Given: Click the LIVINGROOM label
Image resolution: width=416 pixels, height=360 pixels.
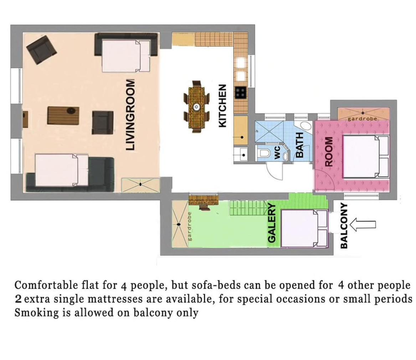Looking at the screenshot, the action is tap(130, 115).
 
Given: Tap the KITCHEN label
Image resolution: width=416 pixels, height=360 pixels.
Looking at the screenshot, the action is tap(222, 106).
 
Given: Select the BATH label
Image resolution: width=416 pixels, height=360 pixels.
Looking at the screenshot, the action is tap(299, 145).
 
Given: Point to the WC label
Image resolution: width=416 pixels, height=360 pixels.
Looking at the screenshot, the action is tap(277, 152).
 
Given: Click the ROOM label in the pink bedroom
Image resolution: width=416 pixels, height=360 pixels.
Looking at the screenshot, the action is tap(329, 152).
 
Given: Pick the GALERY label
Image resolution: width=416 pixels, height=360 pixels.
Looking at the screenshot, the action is tap(272, 223).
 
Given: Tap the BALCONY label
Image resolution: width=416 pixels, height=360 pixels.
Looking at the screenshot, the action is tap(344, 226).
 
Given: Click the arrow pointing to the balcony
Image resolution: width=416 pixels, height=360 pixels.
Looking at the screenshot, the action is tap(363, 225).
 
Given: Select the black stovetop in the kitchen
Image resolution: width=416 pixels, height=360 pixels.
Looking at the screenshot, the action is tap(241, 93).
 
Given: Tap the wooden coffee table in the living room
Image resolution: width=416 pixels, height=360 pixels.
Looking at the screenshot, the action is tap(63, 116).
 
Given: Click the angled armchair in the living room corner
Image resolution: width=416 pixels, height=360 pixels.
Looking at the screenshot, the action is tap(41, 50).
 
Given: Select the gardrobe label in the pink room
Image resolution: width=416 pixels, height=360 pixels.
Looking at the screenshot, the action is tap(363, 119).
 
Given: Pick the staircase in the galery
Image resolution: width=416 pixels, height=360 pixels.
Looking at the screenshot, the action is tap(248, 208).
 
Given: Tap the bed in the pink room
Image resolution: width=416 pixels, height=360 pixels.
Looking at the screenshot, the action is tap(366, 156).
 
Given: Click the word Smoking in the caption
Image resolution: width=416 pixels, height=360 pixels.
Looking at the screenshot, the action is tap(36, 313).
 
